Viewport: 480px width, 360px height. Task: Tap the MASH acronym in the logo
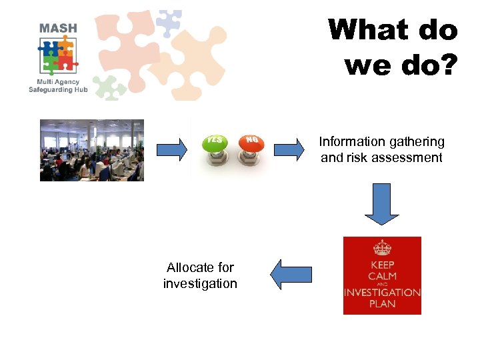point(58,28)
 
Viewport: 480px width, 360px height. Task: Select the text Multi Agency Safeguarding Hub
point(58,85)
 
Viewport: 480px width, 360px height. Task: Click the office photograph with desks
point(92,150)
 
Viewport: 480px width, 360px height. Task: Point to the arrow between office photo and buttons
point(172,150)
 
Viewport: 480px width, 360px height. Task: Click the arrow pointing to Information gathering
point(289,150)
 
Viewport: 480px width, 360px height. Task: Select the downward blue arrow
point(381,204)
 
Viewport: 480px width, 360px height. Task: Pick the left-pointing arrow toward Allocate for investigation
point(291,274)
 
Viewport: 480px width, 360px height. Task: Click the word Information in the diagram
point(351,142)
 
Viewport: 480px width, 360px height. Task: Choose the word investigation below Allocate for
point(200,284)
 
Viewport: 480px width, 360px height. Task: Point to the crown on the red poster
point(382,248)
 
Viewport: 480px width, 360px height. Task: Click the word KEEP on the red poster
point(382,265)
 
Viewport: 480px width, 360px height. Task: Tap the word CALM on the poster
point(382,276)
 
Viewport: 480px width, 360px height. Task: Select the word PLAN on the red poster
point(382,304)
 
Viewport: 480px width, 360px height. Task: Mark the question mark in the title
point(447,65)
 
